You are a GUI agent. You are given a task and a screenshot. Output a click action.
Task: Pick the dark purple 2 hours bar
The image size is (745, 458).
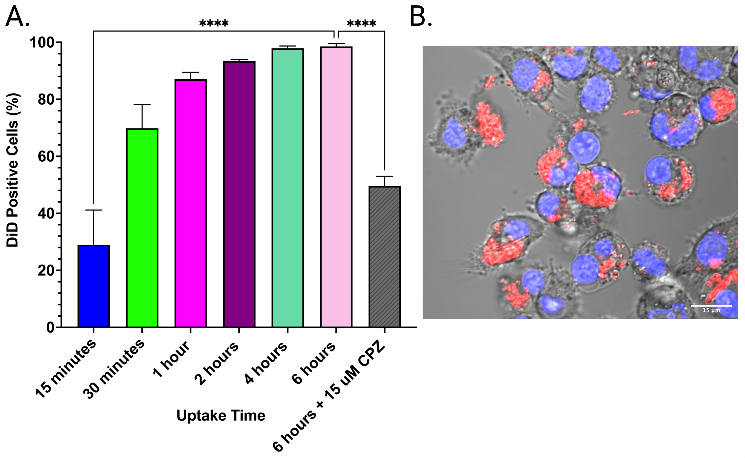(239, 194)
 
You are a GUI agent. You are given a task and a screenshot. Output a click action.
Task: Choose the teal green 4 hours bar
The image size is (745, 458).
(288, 188)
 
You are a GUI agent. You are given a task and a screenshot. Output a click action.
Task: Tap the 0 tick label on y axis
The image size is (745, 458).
(50, 328)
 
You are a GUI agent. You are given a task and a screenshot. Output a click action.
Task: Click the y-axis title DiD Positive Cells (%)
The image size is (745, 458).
(13, 170)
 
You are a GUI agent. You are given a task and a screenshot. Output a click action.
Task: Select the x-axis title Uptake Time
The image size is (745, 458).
(221, 415)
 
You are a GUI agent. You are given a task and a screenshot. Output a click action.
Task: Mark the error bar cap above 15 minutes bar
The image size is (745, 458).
(94, 210)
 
